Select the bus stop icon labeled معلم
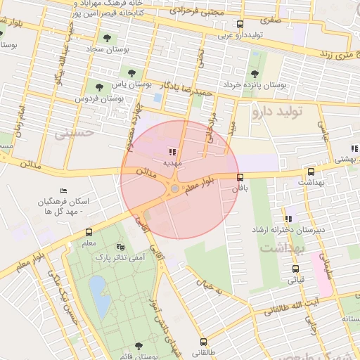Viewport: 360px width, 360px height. (89, 232)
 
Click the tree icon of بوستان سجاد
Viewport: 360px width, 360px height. (106, 39)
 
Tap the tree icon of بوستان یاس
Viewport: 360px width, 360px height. (131, 72)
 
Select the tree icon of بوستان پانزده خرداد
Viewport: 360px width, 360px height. (255, 72)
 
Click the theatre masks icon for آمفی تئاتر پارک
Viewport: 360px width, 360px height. (120, 247)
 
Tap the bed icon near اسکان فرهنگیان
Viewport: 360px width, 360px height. (64, 191)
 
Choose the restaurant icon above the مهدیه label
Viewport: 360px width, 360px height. (173, 150)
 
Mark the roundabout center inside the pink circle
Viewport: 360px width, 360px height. (174, 188)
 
